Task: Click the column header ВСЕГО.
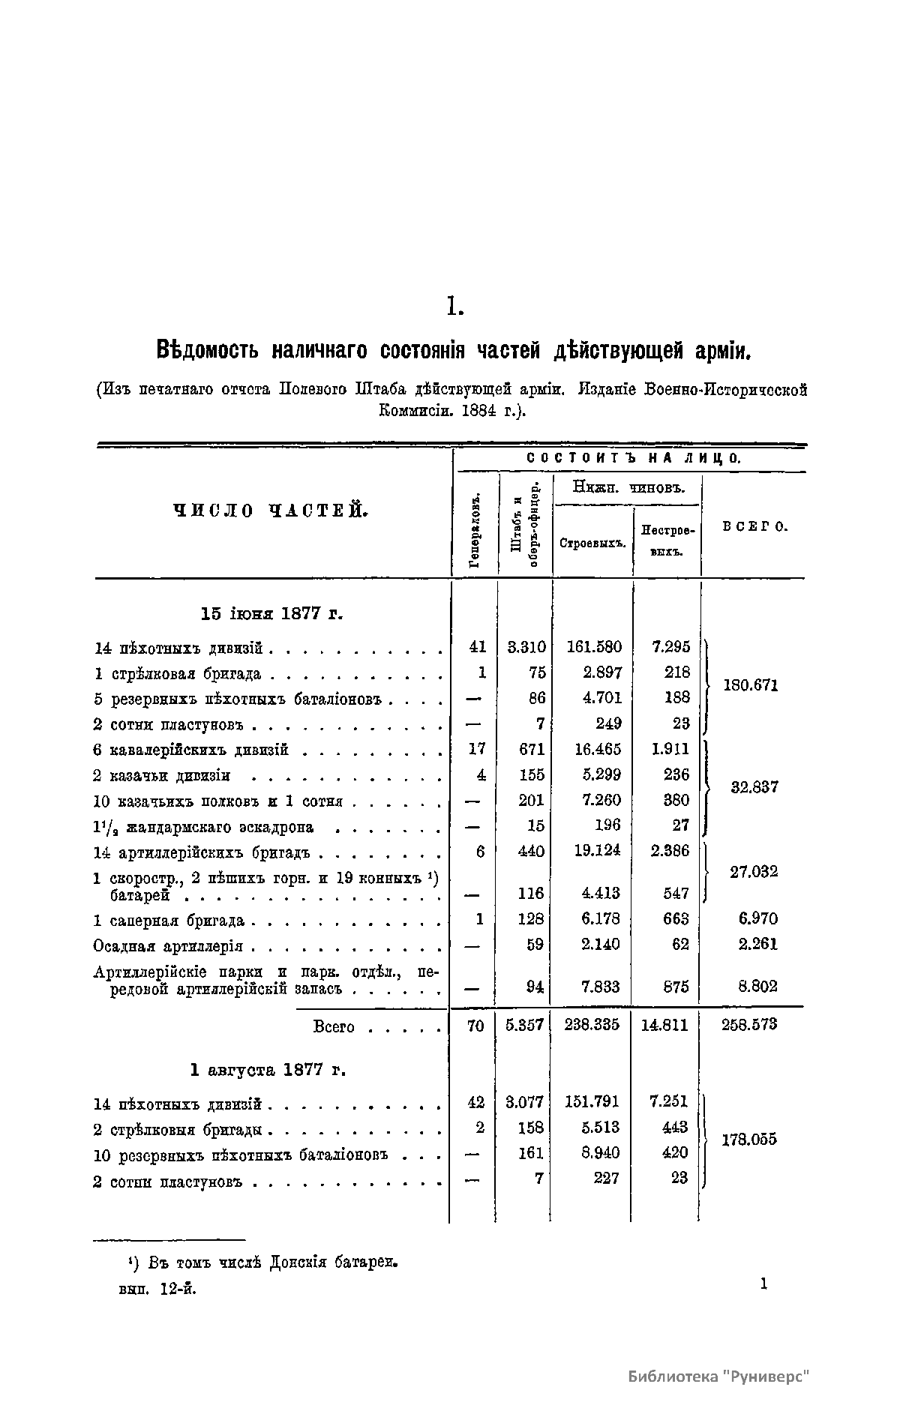coord(754,526)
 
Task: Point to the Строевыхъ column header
coord(592,543)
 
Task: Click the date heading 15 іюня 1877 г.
coord(272,613)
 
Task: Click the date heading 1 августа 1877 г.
coord(268,1070)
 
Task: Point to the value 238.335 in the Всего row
coord(592,1025)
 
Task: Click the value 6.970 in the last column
coord(757,918)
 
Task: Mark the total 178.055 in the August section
coord(749,1140)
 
